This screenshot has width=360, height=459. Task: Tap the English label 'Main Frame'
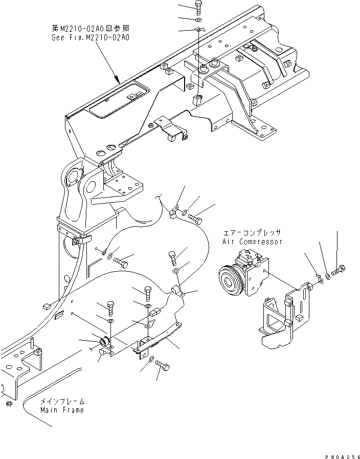[62, 410]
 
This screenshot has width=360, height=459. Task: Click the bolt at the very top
[198, 7]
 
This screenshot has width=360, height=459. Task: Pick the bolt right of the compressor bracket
[341, 268]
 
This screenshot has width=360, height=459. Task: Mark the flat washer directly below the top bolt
[198, 19]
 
